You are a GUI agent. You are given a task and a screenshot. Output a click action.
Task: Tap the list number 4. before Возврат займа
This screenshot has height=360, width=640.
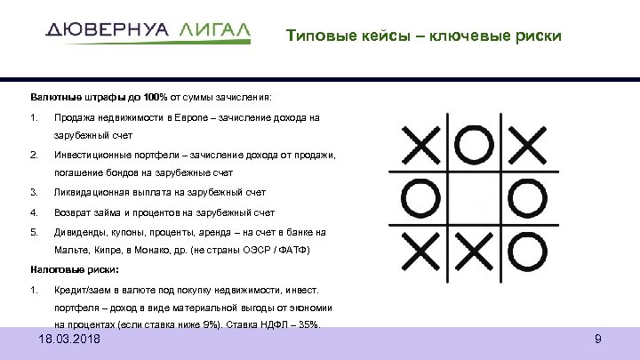[x=33, y=212]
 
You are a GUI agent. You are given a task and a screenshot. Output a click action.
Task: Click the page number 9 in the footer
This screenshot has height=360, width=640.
[x=597, y=340]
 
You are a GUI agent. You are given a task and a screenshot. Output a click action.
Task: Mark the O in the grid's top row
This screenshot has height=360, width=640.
[x=476, y=143]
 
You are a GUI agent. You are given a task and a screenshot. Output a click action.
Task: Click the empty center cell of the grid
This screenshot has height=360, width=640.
[x=476, y=196]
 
